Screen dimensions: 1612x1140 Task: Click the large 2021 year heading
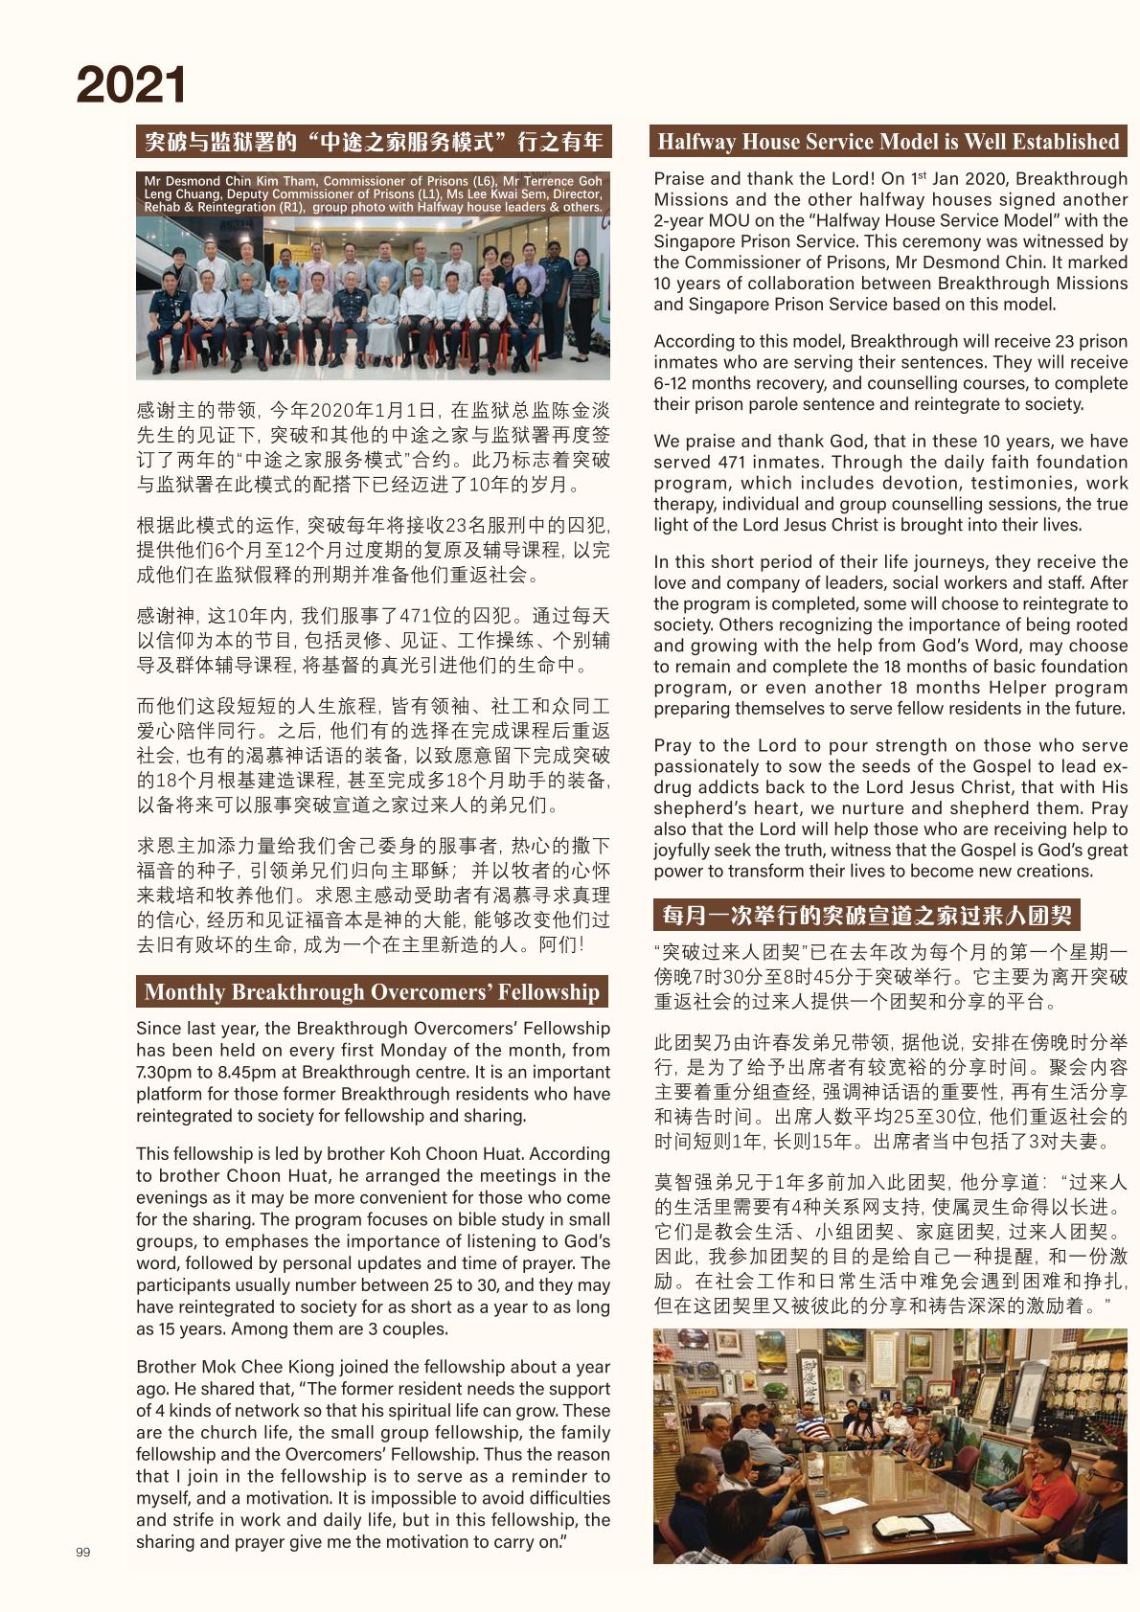(131, 85)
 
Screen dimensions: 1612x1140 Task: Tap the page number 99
(82, 1552)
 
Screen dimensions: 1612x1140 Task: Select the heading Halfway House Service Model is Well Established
(888, 142)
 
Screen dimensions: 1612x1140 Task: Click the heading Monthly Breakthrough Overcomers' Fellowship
(372, 991)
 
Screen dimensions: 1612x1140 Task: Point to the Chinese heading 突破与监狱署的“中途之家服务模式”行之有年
(374, 143)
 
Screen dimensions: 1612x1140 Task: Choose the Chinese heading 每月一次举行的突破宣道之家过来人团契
(866, 915)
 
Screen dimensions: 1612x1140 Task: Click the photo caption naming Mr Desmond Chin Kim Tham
(373, 193)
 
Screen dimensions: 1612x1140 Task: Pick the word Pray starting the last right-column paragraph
(673, 745)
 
